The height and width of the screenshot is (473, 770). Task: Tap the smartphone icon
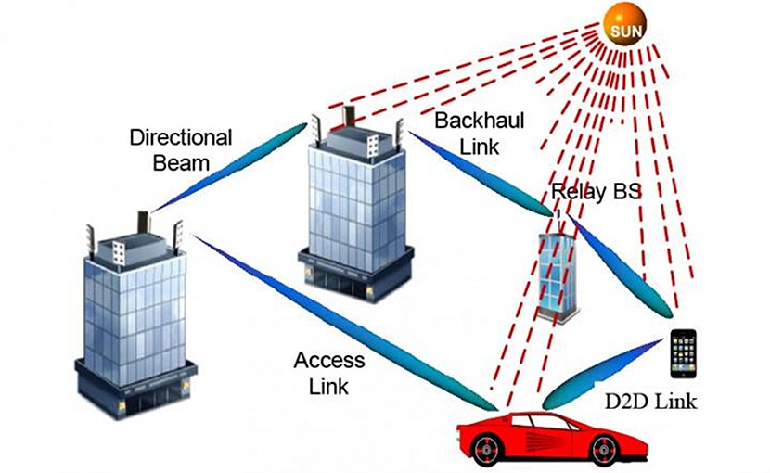click(x=684, y=353)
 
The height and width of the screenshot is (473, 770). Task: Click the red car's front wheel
click(x=606, y=450)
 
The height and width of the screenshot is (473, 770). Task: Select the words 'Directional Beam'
click(x=181, y=150)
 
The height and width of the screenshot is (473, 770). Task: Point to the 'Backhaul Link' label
click(x=480, y=134)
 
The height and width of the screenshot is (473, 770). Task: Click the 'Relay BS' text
click(x=597, y=191)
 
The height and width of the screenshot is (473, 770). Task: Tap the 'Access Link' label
click(x=329, y=373)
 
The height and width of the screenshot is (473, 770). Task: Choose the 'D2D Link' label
click(x=650, y=402)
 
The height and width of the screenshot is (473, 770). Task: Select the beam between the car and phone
click(x=602, y=375)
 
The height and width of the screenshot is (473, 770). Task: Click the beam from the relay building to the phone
click(x=620, y=266)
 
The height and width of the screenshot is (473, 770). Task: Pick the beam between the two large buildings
click(x=229, y=168)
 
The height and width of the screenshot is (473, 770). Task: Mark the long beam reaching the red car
click(x=344, y=323)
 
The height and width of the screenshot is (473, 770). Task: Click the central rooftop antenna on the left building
click(x=144, y=223)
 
